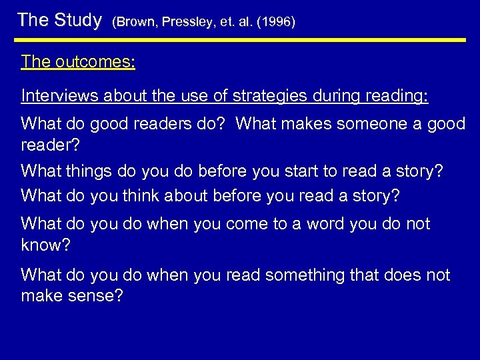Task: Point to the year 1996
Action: pos(275,22)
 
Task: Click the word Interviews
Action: pos(60,96)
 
